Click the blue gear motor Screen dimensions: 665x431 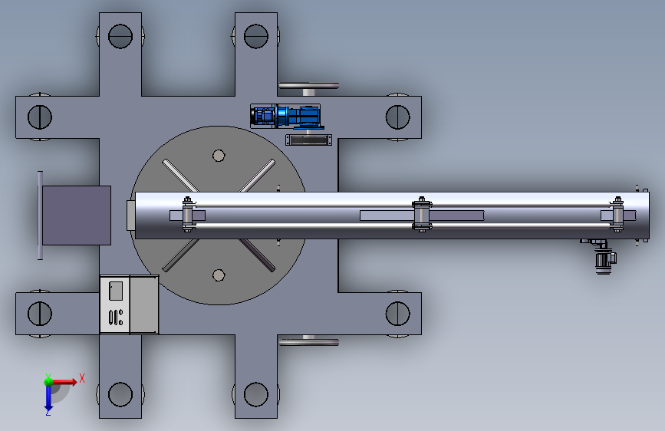tap(287, 116)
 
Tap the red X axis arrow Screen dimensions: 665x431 tap(64, 382)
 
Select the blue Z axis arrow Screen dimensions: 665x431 tap(48, 397)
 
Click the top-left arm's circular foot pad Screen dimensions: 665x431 tap(120, 36)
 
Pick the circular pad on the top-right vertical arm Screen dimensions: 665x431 tap(256, 36)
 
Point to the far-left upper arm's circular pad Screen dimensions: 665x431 tap(40, 117)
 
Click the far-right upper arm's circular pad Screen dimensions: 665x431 tap(398, 117)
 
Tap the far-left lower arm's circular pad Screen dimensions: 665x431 tap(40, 314)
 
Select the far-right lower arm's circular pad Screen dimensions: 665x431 tap(398, 314)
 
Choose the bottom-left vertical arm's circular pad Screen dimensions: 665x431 tap(120, 394)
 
